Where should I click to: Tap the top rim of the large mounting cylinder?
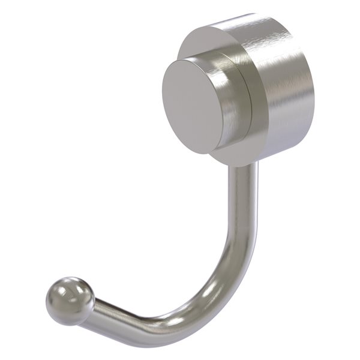point(240,18)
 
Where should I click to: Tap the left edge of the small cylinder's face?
point(163,99)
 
